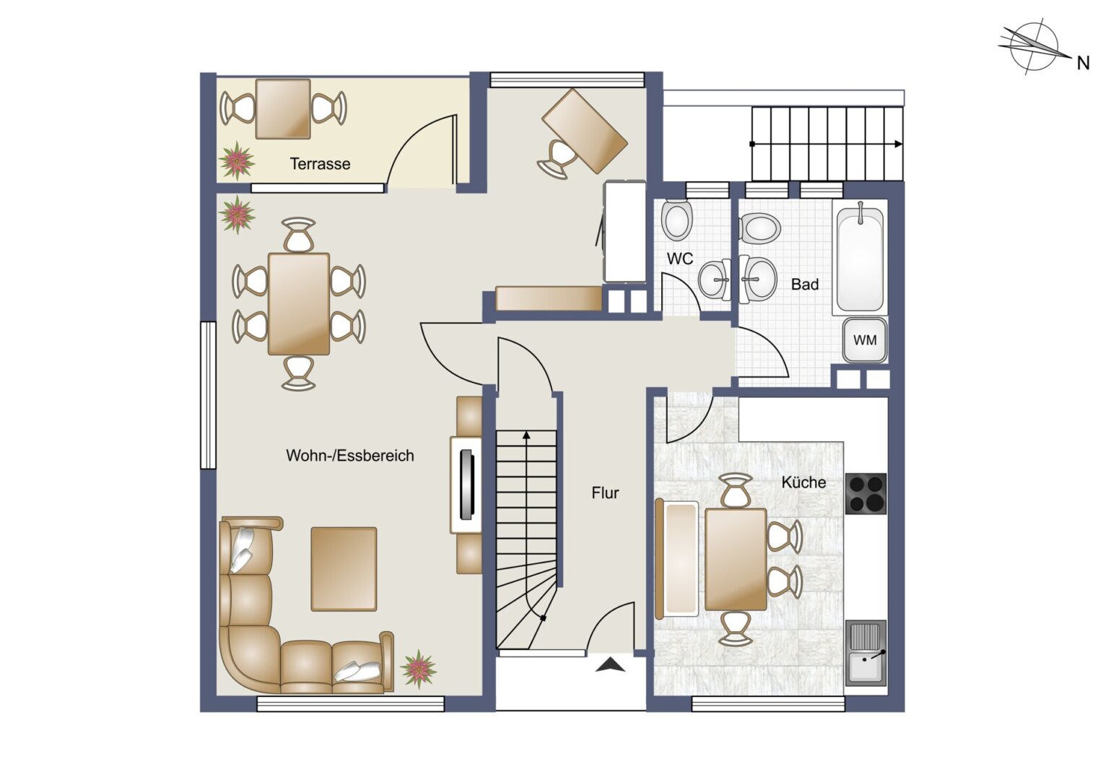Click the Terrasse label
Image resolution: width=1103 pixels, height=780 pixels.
point(320,164)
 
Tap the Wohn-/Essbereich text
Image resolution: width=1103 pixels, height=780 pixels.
point(350,456)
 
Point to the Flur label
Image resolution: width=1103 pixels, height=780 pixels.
point(605,493)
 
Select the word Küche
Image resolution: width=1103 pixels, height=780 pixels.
point(803,482)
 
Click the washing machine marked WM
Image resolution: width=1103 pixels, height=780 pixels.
point(865,340)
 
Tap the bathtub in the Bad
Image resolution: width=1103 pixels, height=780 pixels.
point(860,258)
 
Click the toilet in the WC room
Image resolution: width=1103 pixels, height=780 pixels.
point(678,220)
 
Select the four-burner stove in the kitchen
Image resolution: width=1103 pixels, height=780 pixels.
point(866,494)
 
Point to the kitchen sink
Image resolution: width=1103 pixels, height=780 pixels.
point(866,654)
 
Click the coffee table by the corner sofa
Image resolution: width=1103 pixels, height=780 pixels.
point(344,569)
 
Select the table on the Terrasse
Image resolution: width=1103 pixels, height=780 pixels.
point(283,109)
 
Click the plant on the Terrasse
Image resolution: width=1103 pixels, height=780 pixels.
point(237,160)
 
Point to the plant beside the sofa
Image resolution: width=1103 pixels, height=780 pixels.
point(419,669)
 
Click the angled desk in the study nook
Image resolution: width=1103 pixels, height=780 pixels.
point(585,131)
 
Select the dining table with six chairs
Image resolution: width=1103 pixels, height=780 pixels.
point(299,304)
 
